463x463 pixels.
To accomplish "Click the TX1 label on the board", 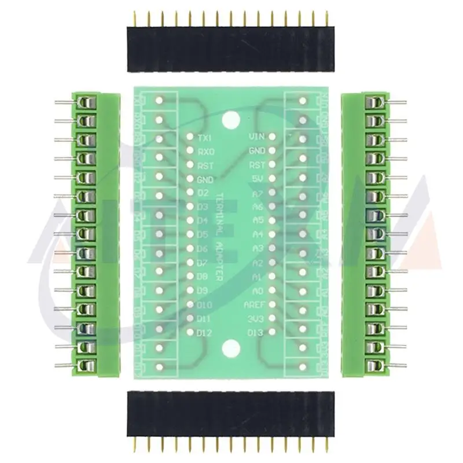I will coord(205,138).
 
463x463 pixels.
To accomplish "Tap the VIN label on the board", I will coord(256,137).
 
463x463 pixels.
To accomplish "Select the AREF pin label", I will coord(255,304).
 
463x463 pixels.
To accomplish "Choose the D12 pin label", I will coord(205,333).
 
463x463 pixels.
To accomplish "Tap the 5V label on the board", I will coord(259,179).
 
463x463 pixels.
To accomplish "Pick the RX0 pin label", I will coord(205,152).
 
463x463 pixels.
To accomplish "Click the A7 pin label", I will coord(259,193).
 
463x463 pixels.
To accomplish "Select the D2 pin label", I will coord(203,193).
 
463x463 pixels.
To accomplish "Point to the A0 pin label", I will coord(259,291).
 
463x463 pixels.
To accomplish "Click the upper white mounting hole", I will coord(231,120).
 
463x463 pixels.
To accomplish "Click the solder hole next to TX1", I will coord(190,138).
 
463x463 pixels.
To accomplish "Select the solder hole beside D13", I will coord(271,333).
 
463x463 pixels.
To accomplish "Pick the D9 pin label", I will coord(203,291).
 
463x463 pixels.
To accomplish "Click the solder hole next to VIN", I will coord(271,138).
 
